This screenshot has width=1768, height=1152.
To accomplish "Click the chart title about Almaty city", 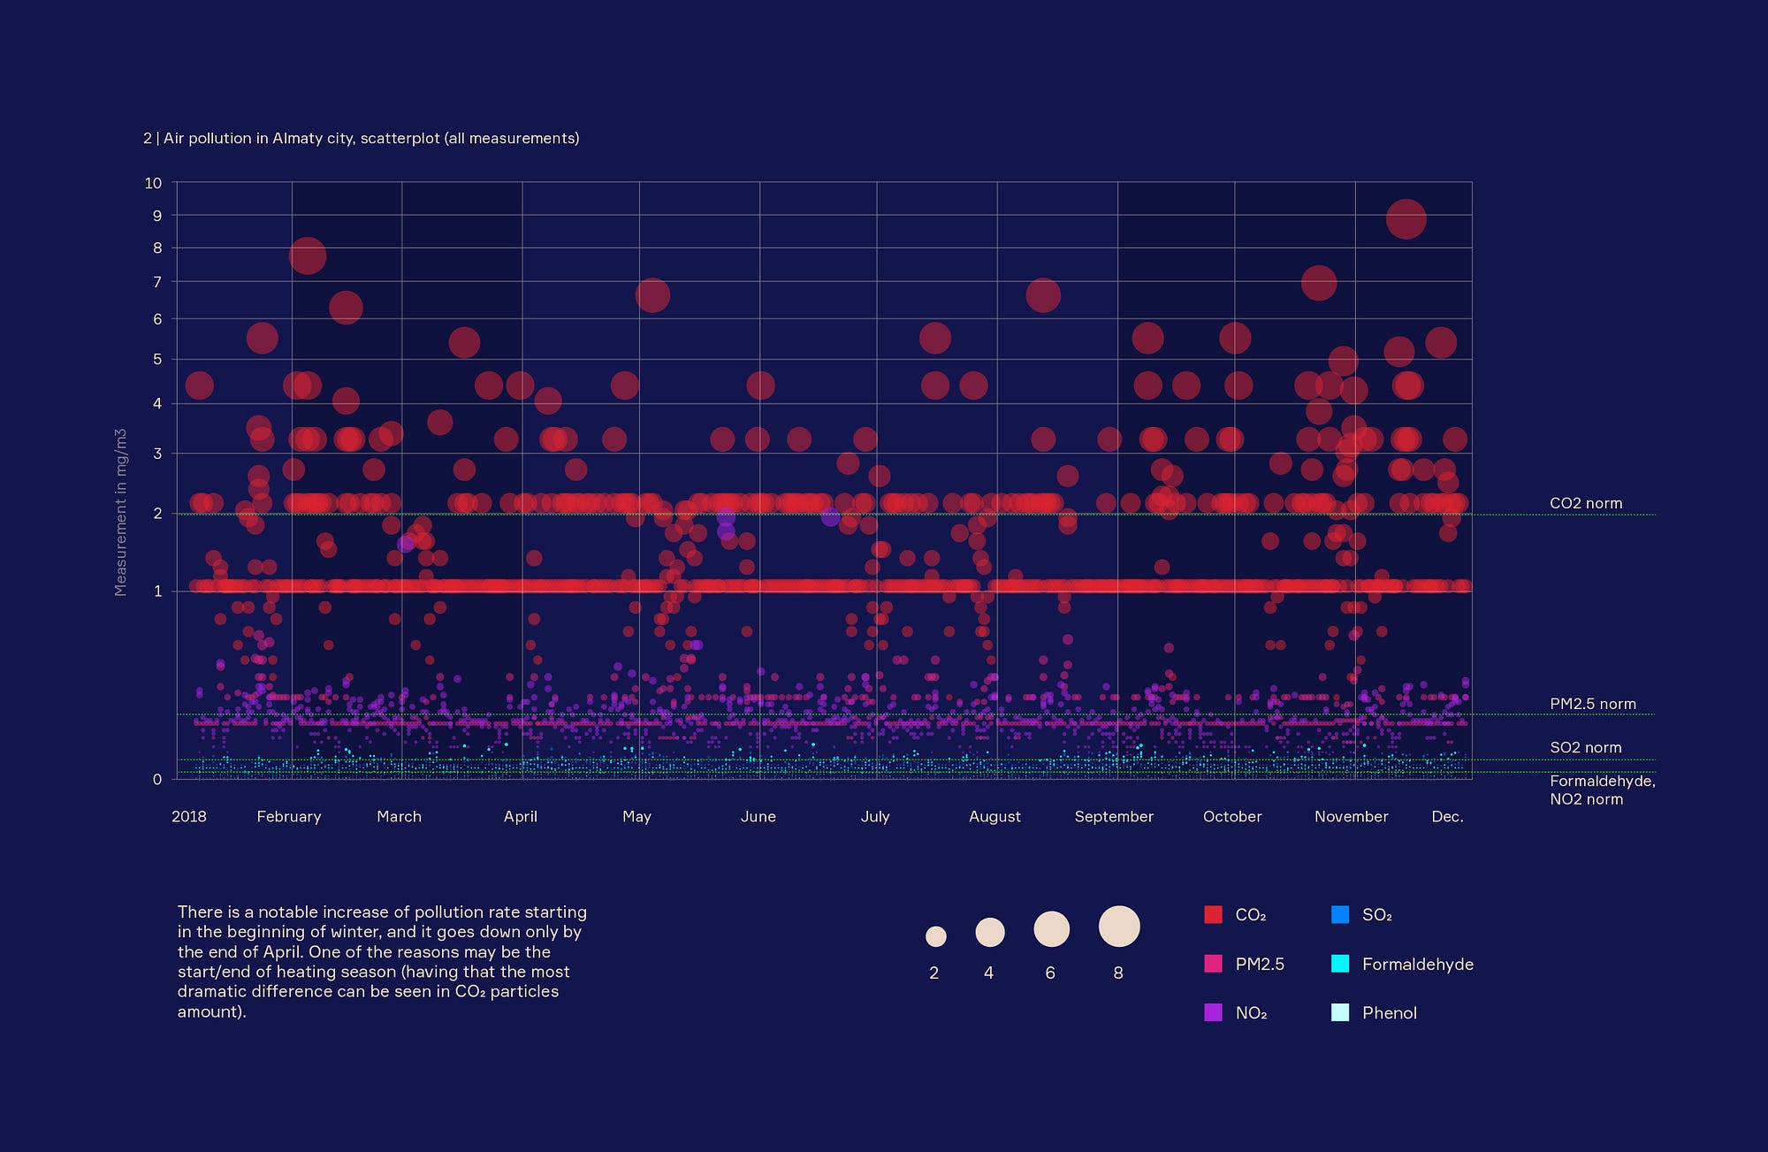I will (x=361, y=138).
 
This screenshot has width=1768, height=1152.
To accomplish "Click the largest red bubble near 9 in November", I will (x=1406, y=219).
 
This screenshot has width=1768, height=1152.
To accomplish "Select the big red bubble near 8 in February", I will (x=307, y=256).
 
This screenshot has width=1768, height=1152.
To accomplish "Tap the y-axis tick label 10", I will (x=153, y=183).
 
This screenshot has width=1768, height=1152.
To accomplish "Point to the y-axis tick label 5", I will (x=157, y=359).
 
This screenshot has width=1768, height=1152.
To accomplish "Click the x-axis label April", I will (x=520, y=816).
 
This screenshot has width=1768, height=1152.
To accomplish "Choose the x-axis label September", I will (x=1113, y=816).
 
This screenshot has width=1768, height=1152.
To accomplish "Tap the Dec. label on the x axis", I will (x=1447, y=816).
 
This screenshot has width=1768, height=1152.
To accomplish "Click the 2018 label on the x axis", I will (x=188, y=816).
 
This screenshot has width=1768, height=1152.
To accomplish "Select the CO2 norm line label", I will (x=1585, y=503).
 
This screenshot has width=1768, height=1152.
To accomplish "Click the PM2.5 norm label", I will (x=1592, y=704).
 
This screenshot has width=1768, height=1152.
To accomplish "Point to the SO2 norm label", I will (x=1585, y=747).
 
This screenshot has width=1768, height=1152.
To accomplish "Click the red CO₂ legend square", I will (x=1213, y=914).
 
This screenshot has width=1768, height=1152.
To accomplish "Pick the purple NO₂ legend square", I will (x=1213, y=1012).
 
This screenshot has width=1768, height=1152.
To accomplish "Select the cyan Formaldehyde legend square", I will (x=1340, y=964).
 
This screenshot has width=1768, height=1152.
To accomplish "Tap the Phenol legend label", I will (x=1389, y=1012).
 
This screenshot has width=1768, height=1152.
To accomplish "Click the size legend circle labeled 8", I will (x=1118, y=927).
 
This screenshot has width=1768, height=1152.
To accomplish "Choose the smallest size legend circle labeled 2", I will (x=935, y=935).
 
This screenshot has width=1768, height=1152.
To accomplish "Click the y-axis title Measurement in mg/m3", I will (x=121, y=513).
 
